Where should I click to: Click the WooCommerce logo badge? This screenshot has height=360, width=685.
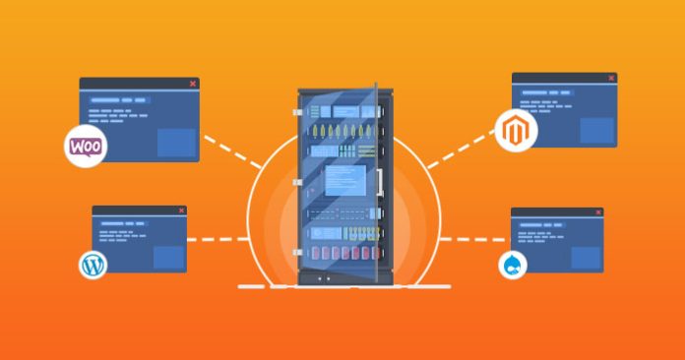(86, 147)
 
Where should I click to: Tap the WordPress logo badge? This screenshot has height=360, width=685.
(93, 265)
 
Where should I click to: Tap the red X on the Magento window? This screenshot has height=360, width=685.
(610, 78)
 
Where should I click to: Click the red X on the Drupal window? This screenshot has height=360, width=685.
(597, 212)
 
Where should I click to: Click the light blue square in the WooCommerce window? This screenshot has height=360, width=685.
(176, 141)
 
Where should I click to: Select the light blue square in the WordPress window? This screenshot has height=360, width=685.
(168, 257)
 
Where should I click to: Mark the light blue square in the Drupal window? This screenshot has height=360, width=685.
(586, 258)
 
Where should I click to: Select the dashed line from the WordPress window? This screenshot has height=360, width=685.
(218, 239)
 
